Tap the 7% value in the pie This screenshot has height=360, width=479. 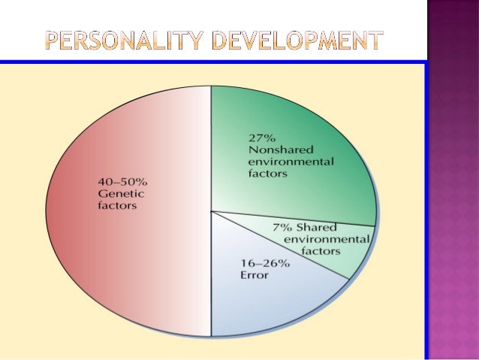[284, 227]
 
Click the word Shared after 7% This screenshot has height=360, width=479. [317, 227]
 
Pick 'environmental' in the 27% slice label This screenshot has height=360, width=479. [291, 162]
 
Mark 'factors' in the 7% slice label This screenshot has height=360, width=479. [321, 251]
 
